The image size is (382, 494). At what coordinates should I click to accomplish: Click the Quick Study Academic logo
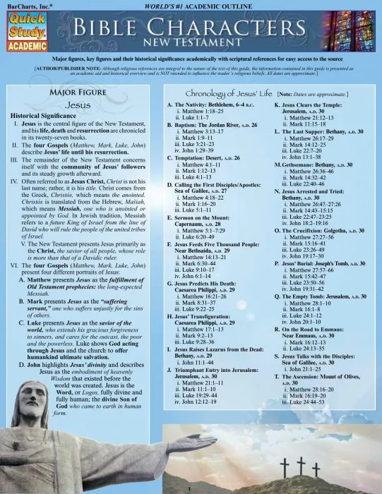coord(26,29)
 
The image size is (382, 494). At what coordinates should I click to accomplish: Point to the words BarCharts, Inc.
coord(24,5)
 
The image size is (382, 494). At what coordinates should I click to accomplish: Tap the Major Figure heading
coord(78,91)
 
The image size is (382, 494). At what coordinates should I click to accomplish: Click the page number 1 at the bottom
coord(190,488)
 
